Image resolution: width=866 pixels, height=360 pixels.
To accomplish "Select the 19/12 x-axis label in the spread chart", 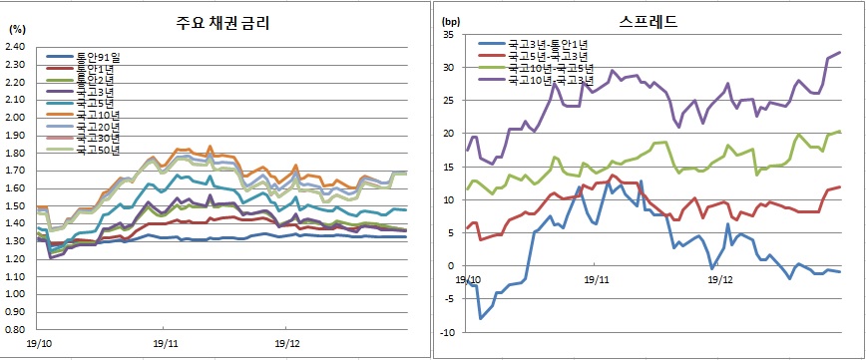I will point(719,279).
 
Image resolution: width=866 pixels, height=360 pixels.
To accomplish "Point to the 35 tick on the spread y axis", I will point(448,36).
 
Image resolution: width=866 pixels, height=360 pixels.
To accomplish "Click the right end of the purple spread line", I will point(839,52).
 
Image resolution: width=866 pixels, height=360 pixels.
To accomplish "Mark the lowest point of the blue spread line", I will point(481,318).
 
